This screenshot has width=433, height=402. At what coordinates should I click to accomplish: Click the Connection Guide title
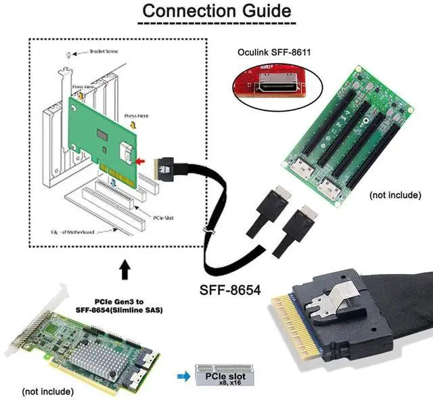coord(217,12)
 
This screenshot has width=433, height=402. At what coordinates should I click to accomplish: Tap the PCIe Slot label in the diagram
coord(165,218)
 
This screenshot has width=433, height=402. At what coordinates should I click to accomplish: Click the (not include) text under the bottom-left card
coord(48,391)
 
